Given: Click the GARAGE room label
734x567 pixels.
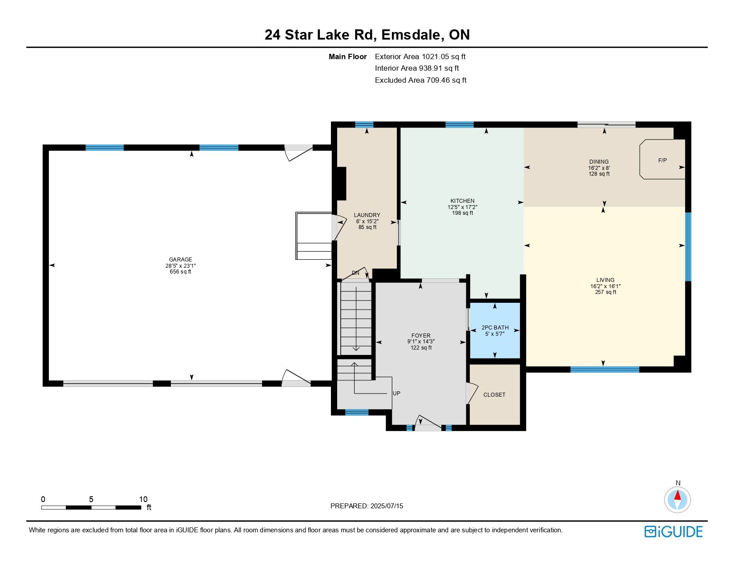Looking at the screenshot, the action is coord(180,259).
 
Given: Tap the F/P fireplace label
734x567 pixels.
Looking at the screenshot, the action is coord(662,161).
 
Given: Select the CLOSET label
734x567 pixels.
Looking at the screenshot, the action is coord(494,394).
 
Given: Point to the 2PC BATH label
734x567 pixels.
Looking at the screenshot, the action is coord(495,328).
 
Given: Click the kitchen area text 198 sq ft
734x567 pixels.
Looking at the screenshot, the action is coord(463,213).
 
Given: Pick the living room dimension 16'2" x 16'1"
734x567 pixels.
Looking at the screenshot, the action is coord(605,286).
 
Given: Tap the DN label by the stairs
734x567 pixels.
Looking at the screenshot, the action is coord(355,273).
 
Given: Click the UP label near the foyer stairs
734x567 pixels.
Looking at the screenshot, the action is coord(396,394).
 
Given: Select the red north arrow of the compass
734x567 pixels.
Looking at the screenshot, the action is coord(677,495).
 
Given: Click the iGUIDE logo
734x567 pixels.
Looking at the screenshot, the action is coord(673,531).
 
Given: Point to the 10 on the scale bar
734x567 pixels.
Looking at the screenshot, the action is coord(143,499).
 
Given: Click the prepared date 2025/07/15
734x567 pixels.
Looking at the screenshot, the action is coord(387,506).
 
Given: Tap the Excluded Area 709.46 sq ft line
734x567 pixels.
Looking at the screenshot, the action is coord(420,80).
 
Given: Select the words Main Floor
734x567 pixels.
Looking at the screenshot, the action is coord(347,57).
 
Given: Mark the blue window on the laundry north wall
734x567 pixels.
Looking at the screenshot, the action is coord(364,125).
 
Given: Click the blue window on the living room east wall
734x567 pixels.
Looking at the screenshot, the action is coord(688,246).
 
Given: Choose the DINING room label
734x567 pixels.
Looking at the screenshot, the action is coord(599,162).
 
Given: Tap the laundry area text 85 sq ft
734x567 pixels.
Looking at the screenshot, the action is coord(367,227).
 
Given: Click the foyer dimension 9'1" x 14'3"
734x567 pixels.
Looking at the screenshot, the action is coord(421,342).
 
